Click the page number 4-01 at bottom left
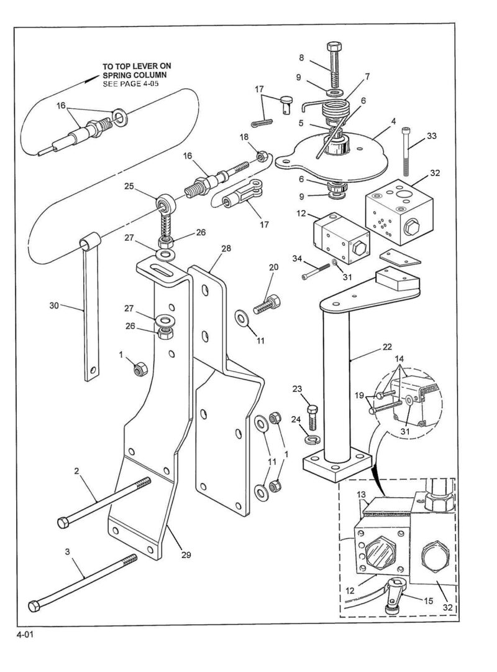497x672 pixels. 24,635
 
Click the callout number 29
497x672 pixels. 186,554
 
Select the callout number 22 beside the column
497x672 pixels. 387,347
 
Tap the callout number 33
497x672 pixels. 432,136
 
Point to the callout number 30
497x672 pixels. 54,306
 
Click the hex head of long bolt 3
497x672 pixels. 34,606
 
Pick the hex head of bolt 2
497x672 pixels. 63,523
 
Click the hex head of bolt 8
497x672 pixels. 334,46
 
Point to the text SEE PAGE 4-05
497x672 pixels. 130,83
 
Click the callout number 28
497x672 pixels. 226,248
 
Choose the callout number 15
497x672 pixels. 429,601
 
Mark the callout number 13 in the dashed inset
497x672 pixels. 362,495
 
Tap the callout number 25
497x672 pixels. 129,186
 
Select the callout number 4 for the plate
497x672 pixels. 393,121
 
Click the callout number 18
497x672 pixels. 244,137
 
